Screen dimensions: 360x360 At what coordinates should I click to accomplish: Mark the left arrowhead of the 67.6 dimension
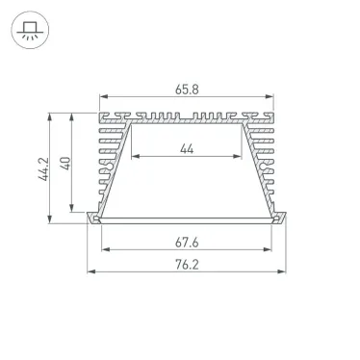click(x=102, y=251)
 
